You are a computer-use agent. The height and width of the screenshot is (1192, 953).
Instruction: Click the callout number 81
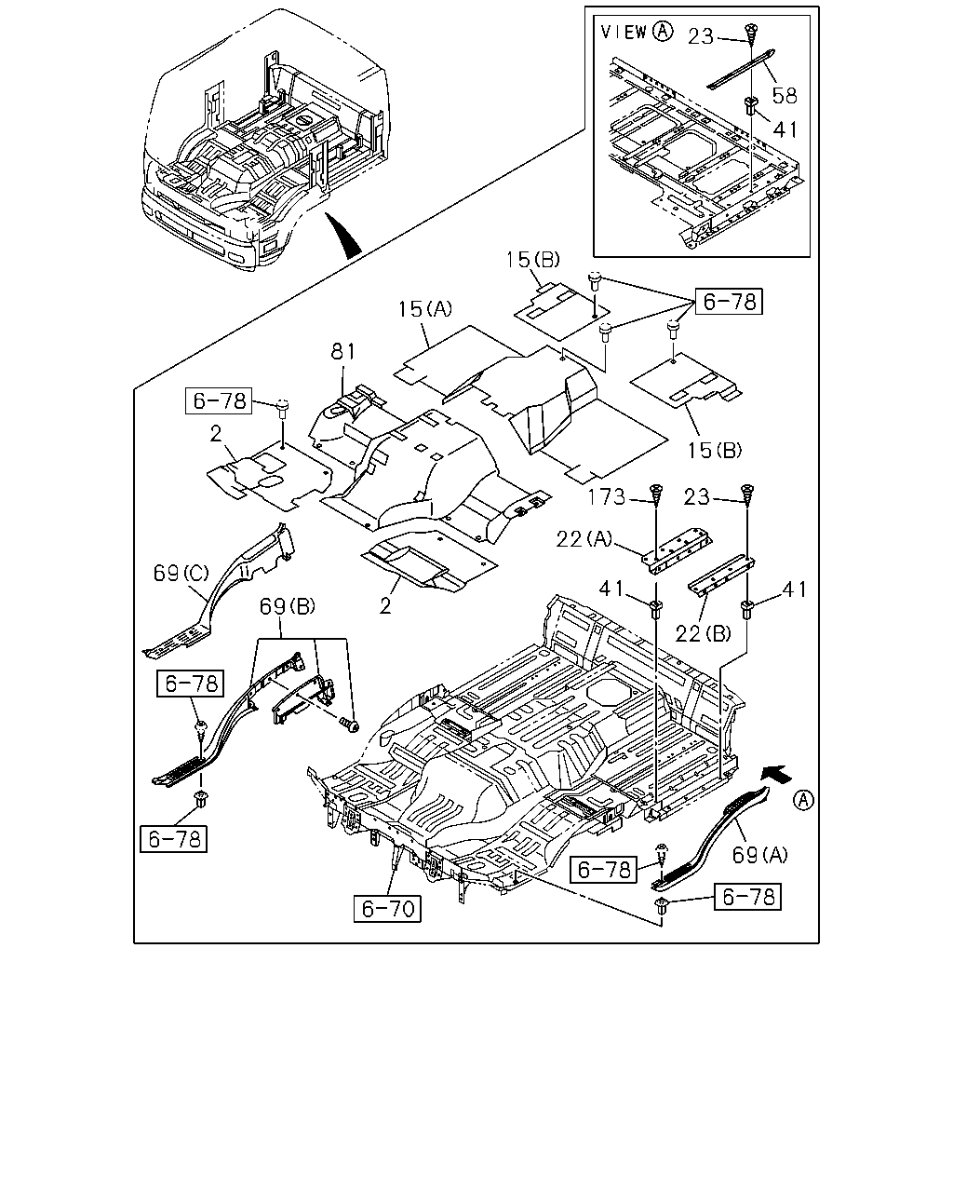coord(342,352)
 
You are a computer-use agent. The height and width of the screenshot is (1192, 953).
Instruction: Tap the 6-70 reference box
coord(387,908)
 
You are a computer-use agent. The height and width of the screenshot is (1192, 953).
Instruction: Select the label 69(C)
coord(181,574)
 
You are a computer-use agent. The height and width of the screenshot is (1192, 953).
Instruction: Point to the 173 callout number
coord(607,497)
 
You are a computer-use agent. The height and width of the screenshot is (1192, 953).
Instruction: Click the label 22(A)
coord(584,538)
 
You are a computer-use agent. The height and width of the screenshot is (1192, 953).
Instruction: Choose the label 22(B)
coord(704,633)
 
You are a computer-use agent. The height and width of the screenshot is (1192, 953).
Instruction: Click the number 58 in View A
coord(785,96)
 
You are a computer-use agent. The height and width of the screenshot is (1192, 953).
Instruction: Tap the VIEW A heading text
coord(637,32)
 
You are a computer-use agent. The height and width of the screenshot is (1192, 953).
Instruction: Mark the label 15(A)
coord(425,309)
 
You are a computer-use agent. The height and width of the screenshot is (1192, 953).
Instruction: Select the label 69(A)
coord(759,855)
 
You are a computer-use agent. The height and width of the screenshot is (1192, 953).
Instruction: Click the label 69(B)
coord(288,607)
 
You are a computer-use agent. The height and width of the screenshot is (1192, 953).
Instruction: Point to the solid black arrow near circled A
coord(777,774)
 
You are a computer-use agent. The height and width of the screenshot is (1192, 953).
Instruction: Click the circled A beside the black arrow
coord(803,800)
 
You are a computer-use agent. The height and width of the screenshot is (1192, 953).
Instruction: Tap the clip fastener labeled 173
coord(656,494)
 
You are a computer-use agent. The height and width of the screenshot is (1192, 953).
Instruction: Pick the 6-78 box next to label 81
coord(218,400)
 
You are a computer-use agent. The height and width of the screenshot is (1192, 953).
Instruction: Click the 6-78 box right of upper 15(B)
coord(729,302)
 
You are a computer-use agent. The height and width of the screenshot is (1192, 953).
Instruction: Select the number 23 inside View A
coord(701,36)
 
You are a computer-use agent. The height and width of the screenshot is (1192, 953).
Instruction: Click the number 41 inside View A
coord(785,129)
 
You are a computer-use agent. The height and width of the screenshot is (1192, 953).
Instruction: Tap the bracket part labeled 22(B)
coord(721,576)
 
